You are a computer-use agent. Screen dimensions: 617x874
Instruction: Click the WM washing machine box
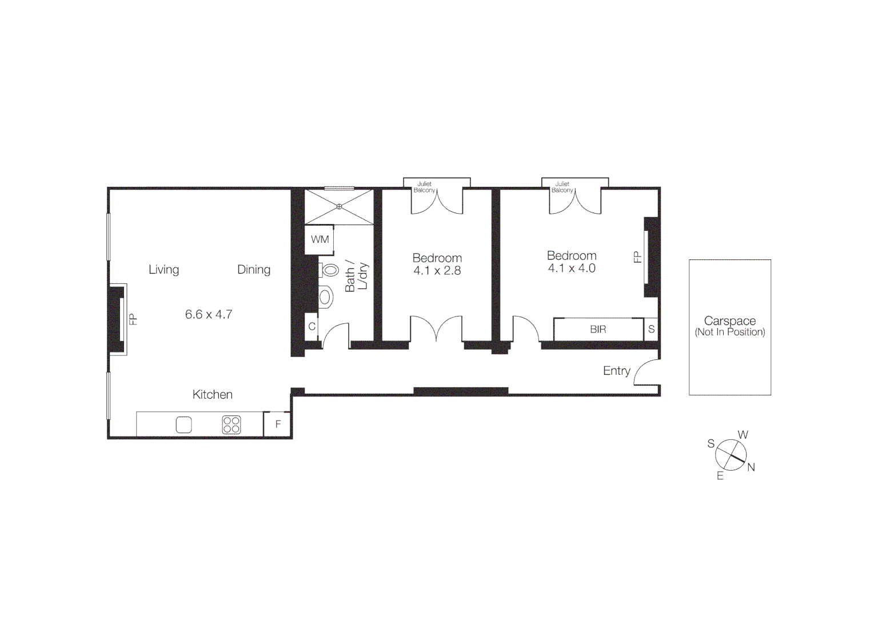pyautogui.click(x=320, y=239)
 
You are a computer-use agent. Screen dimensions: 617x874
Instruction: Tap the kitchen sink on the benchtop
pyautogui.click(x=183, y=425)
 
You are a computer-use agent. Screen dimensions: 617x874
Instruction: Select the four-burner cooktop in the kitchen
pyautogui.click(x=232, y=425)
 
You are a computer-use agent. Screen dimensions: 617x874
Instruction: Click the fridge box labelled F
pyautogui.click(x=278, y=424)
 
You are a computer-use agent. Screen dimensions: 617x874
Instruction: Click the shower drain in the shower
pyautogui.click(x=339, y=206)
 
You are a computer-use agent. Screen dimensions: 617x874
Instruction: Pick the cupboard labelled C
pyautogui.click(x=312, y=327)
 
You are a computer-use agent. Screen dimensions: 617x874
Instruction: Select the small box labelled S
pyautogui.click(x=651, y=330)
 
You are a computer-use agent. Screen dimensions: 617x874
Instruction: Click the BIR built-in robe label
pyautogui.click(x=598, y=330)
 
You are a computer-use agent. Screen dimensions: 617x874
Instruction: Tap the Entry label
pyautogui.click(x=616, y=371)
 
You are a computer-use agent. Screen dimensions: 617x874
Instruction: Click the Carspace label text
pyautogui.click(x=729, y=321)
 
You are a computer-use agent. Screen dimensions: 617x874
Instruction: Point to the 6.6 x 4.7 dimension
pyautogui.click(x=208, y=314)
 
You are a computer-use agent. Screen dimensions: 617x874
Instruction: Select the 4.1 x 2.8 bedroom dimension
pyautogui.click(x=437, y=271)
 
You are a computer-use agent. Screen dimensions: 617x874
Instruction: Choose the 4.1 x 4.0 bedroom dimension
pyautogui.click(x=572, y=269)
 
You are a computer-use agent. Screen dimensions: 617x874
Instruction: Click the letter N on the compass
pyautogui.click(x=751, y=467)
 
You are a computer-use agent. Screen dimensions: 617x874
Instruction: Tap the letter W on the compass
pyautogui.click(x=743, y=435)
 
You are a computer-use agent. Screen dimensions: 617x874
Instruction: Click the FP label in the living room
pyautogui.click(x=133, y=319)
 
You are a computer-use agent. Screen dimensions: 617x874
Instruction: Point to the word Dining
pyautogui.click(x=254, y=270)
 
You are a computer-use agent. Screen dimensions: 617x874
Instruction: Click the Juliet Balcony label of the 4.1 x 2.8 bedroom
pyautogui.click(x=424, y=187)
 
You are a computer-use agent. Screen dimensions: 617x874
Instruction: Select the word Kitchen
pyautogui.click(x=212, y=395)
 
